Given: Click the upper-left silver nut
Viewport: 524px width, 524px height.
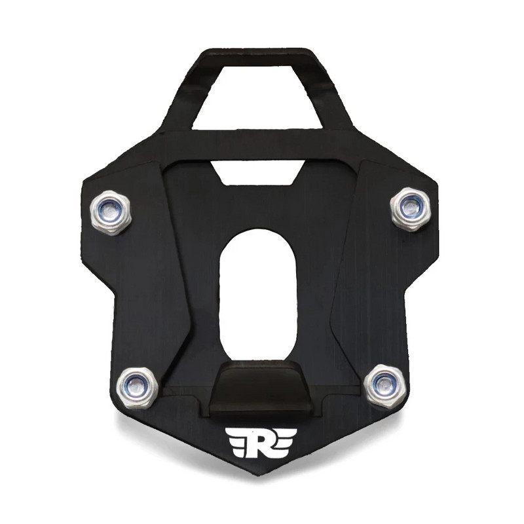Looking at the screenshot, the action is [x=110, y=212].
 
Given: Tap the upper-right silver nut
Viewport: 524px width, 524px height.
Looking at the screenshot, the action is [x=411, y=209].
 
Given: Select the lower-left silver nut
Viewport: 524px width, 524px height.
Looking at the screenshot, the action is [x=138, y=388].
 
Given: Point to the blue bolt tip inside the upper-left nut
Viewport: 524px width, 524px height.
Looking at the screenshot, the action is [x=110, y=212].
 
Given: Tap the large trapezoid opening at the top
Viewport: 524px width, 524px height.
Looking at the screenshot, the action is [x=257, y=97].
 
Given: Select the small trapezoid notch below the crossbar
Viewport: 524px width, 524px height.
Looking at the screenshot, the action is [x=257, y=172].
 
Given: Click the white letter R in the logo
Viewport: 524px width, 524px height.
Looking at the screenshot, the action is [x=260, y=443].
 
